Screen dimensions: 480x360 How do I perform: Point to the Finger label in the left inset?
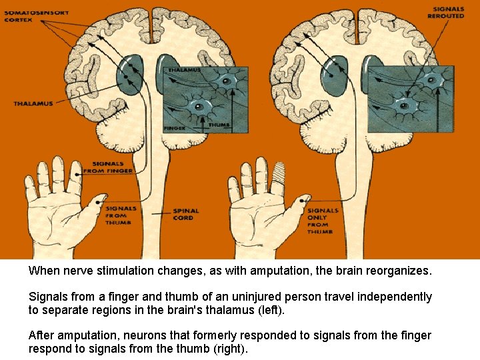click(175, 127)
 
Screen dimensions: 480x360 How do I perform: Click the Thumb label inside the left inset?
click(219, 125)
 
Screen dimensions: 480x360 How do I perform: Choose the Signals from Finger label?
click(107, 167)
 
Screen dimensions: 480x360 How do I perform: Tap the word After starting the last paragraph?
click(41, 335)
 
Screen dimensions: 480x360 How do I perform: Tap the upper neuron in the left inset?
click(227, 81)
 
